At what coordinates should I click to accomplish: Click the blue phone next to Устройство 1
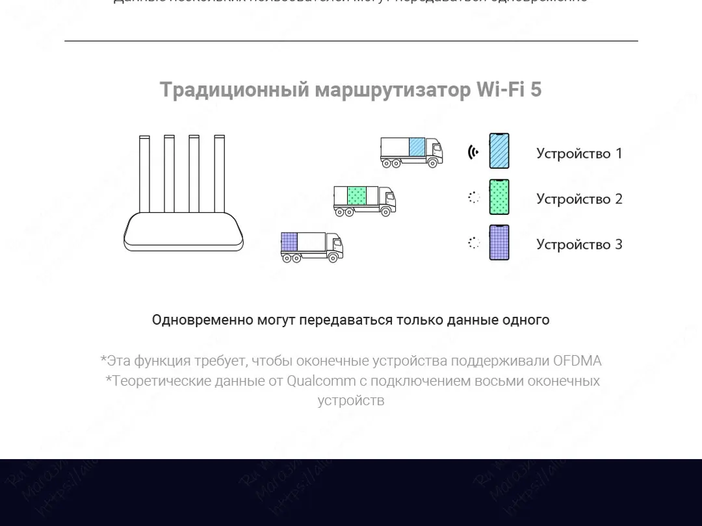tap(499, 151)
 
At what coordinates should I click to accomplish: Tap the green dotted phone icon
tap(499, 197)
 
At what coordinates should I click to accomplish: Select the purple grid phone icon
tap(499, 243)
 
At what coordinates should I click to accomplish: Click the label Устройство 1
tap(578, 153)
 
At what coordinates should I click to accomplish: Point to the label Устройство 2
tap(578, 199)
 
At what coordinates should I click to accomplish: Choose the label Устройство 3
tap(578, 244)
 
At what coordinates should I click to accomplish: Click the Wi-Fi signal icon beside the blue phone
tap(473, 152)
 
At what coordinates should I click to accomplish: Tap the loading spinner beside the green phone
tap(474, 197)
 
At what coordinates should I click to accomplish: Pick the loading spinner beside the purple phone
tap(474, 243)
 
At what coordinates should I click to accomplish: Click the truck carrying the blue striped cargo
tap(411, 152)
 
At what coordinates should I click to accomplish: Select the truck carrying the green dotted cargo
tap(364, 200)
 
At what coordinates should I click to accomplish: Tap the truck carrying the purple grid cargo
tap(311, 247)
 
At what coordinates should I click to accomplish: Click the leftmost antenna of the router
tap(144, 174)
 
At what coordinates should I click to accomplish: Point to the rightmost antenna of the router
tap(219, 174)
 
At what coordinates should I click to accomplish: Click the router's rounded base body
tap(184, 232)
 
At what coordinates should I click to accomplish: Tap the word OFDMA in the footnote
tap(577, 361)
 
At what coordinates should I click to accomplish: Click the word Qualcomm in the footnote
tap(321, 381)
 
